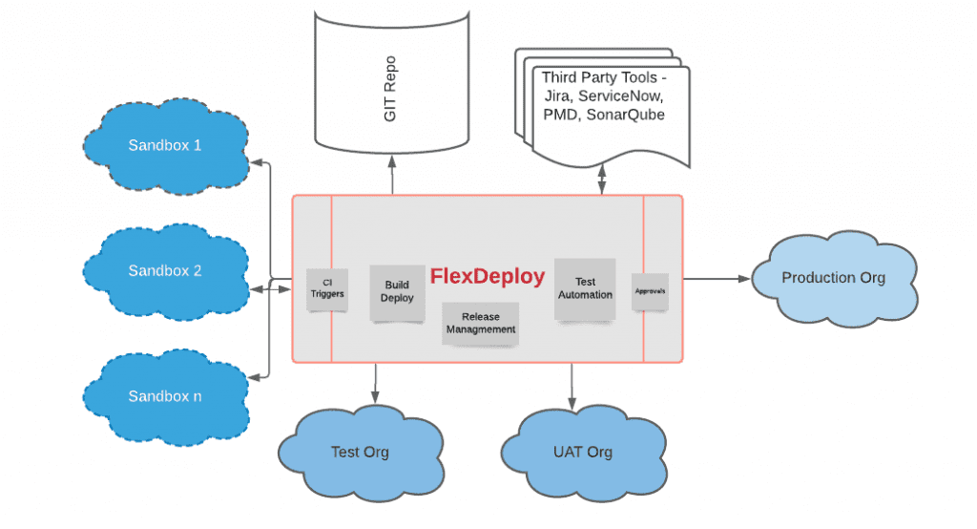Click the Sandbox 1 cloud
coord(165,146)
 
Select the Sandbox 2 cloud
coord(165,271)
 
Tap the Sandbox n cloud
coord(165,395)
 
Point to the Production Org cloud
coord(833,278)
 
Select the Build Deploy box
coord(397,291)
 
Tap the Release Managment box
coord(481,323)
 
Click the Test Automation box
coord(585,287)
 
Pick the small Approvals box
coord(650,290)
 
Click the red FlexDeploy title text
coord(487,277)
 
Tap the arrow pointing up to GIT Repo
coord(391,179)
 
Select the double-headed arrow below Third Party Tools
coord(601,180)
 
